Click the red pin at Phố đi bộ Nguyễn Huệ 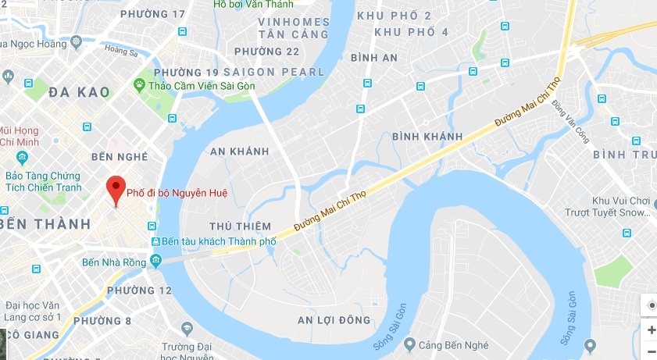pos(116,188)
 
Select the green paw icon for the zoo pos(140,84)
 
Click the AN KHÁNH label pos(240,151)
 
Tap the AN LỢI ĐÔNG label pos(334,320)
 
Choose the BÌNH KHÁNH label pos(427,137)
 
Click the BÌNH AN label pos(374,58)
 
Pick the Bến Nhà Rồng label pos(114,262)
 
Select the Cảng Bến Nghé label pos(453,344)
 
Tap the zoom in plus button pos(651,330)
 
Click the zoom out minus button pos(651,351)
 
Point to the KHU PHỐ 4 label pos(411,32)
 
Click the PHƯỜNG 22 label pos(266,52)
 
